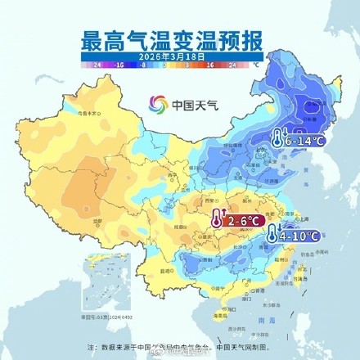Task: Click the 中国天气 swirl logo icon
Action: [x=157, y=105]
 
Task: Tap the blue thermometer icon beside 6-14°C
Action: [x=278, y=139]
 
